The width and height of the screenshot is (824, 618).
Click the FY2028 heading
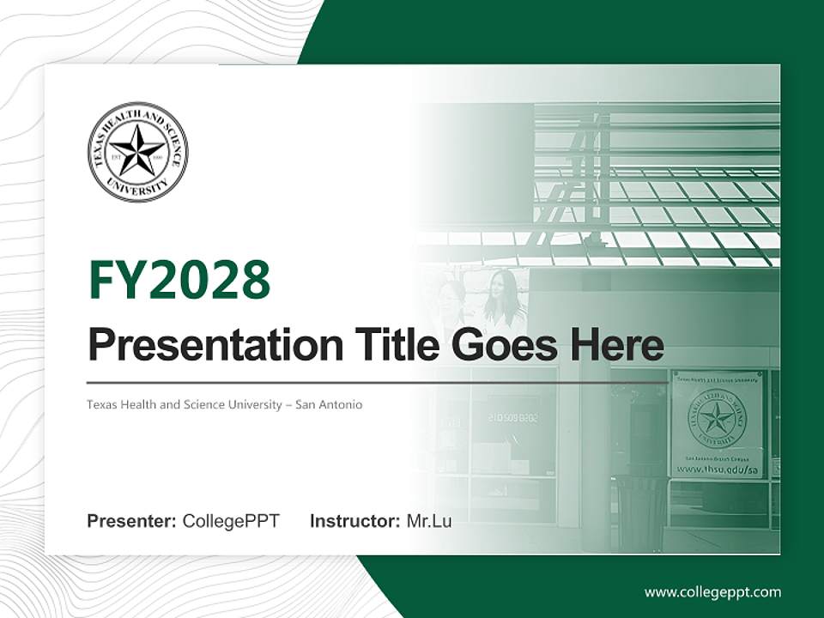coord(179,281)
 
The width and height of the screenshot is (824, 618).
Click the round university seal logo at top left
coord(137,152)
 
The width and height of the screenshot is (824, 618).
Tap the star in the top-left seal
coord(137,150)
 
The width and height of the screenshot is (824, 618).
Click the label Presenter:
coord(131,521)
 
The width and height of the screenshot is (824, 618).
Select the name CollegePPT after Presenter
coord(231,521)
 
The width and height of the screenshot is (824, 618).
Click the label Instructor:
coord(354,521)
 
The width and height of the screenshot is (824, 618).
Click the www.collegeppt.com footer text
coord(712,592)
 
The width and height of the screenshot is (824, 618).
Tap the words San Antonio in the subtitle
coord(329,404)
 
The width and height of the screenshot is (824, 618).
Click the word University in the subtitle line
coord(243,404)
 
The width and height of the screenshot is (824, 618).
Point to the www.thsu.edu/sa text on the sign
coord(718,470)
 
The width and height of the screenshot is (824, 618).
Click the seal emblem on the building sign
coord(717,419)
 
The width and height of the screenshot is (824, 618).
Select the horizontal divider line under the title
coord(378,383)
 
